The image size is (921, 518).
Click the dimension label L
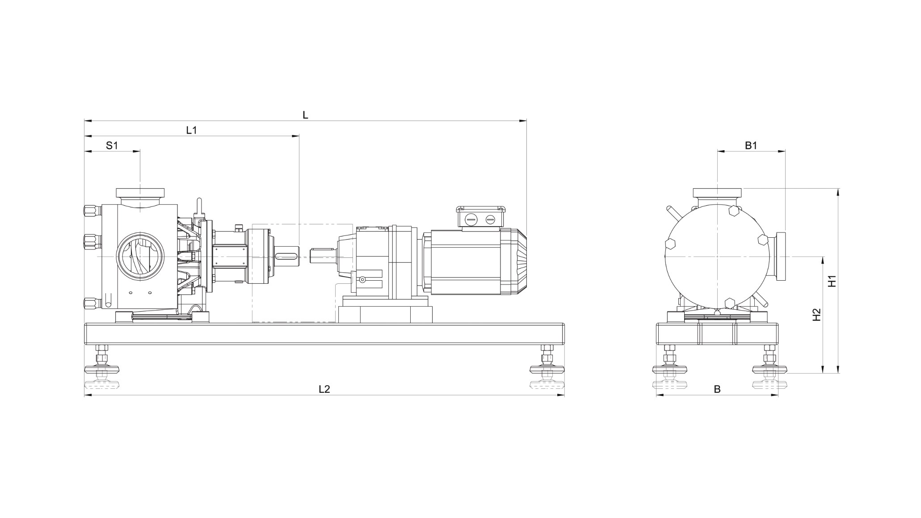(305, 115)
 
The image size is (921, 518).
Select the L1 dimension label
(191, 130)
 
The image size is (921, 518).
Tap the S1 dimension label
(112, 145)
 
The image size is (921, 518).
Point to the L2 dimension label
(324, 389)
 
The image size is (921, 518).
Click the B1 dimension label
(751, 145)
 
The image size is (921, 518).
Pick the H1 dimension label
(832, 281)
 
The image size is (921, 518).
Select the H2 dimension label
(816, 315)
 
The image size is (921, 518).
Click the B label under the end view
(717, 389)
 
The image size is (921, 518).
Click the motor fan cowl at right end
(518, 261)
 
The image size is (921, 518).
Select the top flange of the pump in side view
(140, 193)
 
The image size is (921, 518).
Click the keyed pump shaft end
(287, 256)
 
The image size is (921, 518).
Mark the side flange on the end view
(781, 257)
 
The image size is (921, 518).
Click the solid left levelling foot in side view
(102, 369)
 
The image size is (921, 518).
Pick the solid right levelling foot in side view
(547, 369)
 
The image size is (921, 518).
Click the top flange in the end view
(717, 193)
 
